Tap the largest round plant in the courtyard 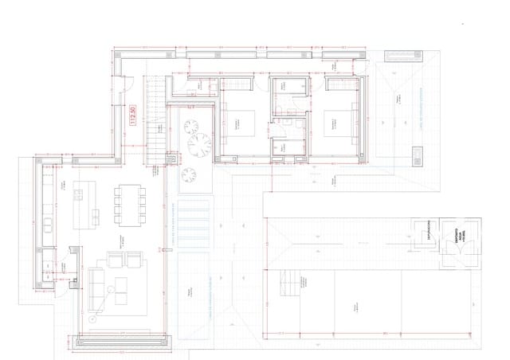point(198,143)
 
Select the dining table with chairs point(129,204)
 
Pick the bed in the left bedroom point(243,124)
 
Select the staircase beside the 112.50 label point(155,112)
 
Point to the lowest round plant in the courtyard point(189,174)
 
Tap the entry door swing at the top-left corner point(126,79)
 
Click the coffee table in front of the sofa point(122,292)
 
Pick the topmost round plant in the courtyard point(191,125)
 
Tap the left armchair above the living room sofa point(113,260)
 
